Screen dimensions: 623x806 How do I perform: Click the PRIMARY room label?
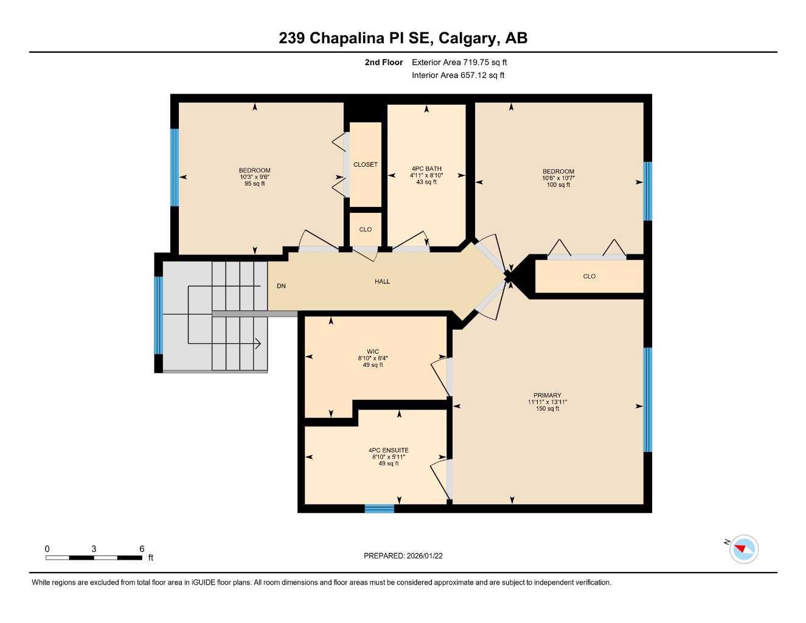[x=547, y=395]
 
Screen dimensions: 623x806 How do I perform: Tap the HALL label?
[x=382, y=281]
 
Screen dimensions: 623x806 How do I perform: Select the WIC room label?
[x=373, y=352]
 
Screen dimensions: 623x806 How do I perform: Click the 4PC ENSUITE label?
[x=389, y=450]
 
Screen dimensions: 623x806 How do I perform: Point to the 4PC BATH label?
[x=426, y=169]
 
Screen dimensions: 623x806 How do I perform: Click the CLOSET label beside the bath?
[x=366, y=164]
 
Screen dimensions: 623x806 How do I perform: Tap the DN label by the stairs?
[x=281, y=286]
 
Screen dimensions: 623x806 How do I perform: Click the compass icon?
[x=743, y=549]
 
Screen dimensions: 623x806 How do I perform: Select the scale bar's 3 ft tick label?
[x=94, y=549]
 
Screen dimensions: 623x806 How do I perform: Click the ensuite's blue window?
[x=380, y=509]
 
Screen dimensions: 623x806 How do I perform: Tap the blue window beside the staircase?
[x=159, y=315]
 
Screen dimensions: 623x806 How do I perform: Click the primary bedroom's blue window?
[x=648, y=400]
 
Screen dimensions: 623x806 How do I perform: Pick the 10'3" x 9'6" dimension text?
[x=254, y=177]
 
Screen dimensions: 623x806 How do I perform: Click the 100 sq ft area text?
[x=558, y=185]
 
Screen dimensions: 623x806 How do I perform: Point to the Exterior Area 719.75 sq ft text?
[x=459, y=62]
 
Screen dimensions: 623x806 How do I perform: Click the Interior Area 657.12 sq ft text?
[x=458, y=75]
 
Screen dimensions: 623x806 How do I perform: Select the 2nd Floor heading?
[x=384, y=62]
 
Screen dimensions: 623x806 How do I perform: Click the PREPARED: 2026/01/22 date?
[x=403, y=555]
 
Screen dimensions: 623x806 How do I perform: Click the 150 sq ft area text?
[x=547, y=409]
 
